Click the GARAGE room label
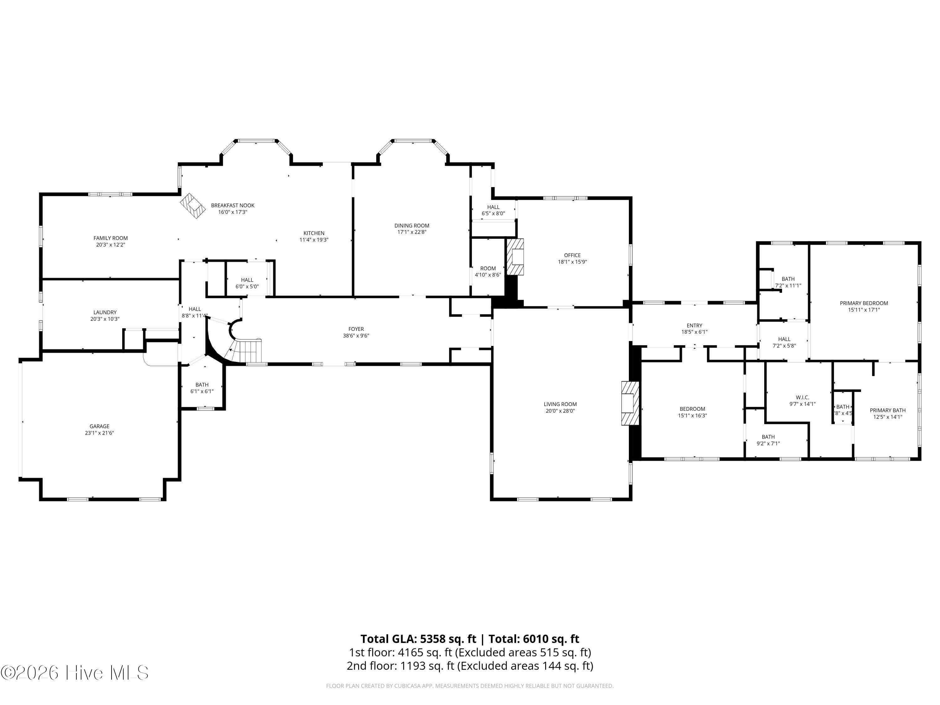click(x=99, y=426)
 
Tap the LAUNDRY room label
click(x=105, y=312)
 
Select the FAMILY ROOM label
click(x=111, y=238)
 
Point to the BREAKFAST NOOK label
click(x=232, y=205)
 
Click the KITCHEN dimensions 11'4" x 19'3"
click(x=314, y=240)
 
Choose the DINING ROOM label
click(x=411, y=226)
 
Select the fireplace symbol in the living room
click(x=630, y=403)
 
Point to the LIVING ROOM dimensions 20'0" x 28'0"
click(x=560, y=411)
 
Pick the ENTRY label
click(x=694, y=326)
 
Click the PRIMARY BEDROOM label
click(x=864, y=303)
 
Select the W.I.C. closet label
click(x=802, y=397)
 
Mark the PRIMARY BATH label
click(x=887, y=410)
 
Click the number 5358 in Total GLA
click(x=436, y=639)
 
